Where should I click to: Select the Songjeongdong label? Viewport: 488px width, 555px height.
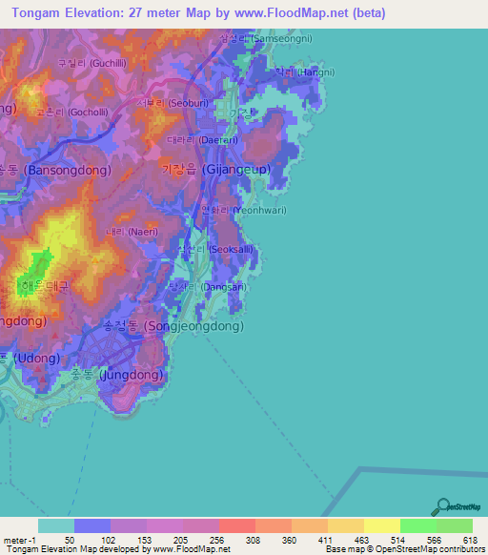[x=173, y=325]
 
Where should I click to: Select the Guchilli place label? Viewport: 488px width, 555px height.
[x=87, y=63]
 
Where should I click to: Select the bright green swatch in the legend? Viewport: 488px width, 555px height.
[x=418, y=525]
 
